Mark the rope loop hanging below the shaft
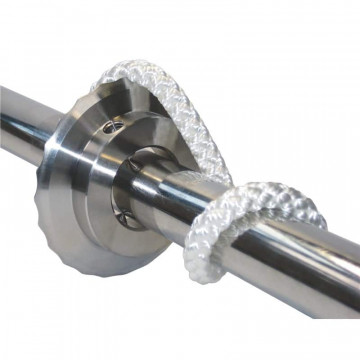(228, 240)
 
